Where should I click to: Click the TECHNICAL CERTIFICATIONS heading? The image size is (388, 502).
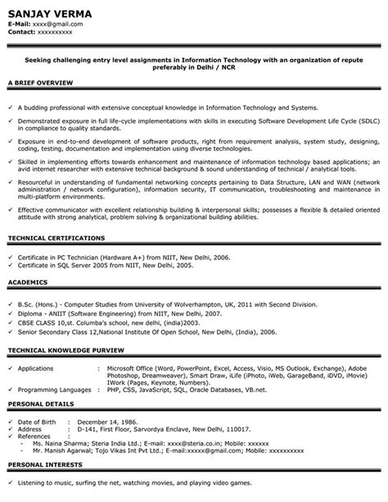click(x=56, y=238)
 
